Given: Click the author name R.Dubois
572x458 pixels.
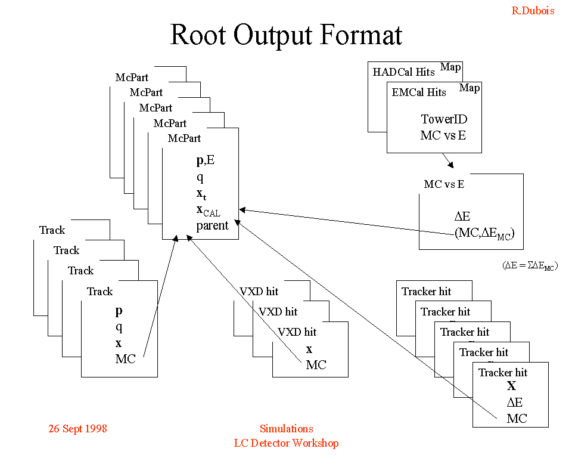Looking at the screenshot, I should (533, 11).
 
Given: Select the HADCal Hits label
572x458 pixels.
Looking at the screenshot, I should (404, 72).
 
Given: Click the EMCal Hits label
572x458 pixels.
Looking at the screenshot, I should (419, 92).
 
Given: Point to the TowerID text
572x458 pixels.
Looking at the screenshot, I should (444, 119).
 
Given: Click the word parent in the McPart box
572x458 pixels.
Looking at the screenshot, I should (212, 225).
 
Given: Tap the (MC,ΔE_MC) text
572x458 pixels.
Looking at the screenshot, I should (483, 234).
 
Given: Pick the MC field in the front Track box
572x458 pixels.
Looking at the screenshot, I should (126, 359).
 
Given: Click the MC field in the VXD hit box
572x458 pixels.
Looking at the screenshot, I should (316, 365).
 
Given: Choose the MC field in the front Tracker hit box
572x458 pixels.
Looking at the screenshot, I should (517, 418).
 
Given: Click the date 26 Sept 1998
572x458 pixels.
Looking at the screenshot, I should (77, 429).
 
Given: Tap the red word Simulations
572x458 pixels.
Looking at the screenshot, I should (286, 429).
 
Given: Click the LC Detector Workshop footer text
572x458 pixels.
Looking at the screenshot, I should (286, 443).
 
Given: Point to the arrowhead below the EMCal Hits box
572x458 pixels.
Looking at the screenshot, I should (451, 165).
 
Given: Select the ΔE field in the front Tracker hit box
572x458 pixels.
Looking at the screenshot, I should (515, 403).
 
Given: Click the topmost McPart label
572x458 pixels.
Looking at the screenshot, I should (132, 78).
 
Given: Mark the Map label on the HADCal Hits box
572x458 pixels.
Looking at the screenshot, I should (450, 67).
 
